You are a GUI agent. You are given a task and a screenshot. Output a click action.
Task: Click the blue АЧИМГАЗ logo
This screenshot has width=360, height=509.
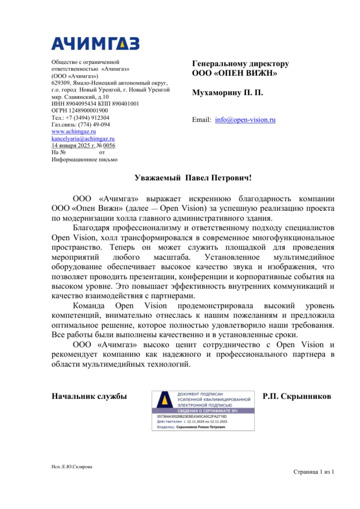(95, 43)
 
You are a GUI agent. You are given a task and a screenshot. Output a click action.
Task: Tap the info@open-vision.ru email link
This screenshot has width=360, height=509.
(245, 120)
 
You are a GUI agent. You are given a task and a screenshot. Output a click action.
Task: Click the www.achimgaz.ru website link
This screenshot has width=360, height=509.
(74, 131)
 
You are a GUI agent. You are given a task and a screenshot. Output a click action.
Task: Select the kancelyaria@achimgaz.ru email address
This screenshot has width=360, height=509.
(83, 138)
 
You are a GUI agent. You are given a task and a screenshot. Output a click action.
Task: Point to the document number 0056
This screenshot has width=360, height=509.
(110, 145)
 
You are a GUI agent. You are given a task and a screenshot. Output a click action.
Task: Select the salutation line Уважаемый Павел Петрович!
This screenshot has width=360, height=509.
(193, 178)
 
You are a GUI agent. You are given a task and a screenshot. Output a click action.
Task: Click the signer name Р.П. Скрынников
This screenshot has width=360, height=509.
(297, 396)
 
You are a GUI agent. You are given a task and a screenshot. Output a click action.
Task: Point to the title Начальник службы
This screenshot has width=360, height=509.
(89, 396)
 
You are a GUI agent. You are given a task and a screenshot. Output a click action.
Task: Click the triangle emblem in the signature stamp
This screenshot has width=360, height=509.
(165, 401)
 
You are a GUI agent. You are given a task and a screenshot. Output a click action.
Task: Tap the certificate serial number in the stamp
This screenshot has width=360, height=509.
(191, 417)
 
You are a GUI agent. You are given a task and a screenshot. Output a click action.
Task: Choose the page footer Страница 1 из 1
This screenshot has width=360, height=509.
(314, 472)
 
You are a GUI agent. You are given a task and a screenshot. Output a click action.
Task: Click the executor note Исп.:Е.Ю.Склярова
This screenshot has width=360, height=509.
(69, 467)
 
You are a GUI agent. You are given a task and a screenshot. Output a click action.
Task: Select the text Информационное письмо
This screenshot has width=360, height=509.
(85, 159)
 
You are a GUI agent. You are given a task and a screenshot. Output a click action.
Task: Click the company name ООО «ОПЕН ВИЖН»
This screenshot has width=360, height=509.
(235, 74)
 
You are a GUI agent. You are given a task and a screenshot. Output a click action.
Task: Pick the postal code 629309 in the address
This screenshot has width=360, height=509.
(59, 83)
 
